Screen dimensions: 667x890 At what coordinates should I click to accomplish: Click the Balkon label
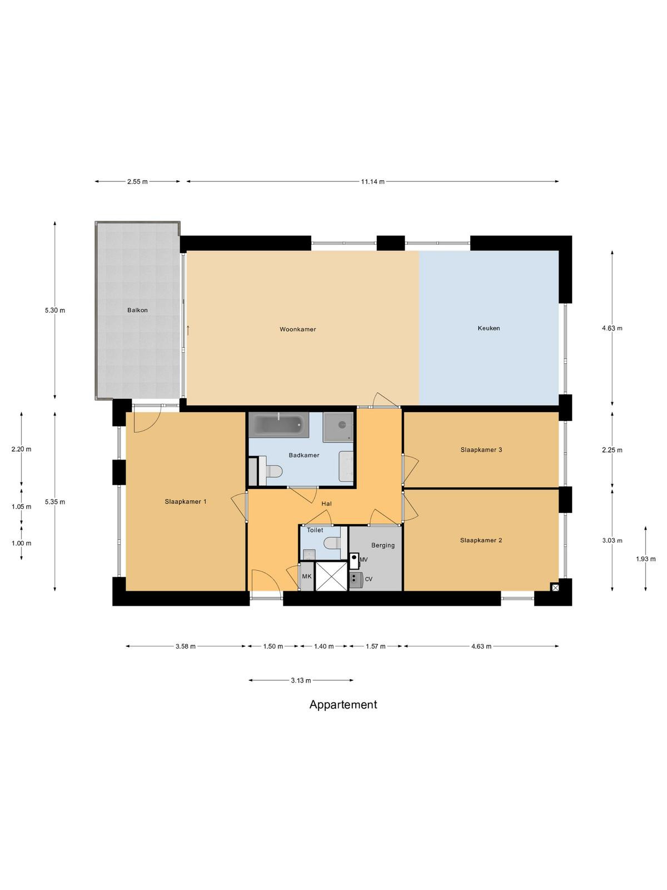(137, 310)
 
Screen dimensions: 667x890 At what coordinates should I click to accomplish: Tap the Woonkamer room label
(298, 329)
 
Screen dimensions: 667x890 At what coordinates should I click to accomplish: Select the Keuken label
(489, 328)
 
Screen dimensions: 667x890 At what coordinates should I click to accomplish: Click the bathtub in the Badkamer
(278, 424)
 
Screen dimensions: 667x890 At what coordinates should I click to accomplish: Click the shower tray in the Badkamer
(338, 427)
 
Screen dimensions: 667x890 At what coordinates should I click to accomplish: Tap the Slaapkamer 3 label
(481, 449)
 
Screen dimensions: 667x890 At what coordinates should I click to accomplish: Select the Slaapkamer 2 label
(481, 540)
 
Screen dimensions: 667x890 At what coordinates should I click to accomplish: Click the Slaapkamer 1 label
(186, 502)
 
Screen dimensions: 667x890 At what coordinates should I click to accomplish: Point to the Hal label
(326, 503)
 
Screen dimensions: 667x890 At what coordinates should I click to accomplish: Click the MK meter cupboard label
(307, 576)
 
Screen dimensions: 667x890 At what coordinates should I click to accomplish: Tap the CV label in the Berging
(369, 579)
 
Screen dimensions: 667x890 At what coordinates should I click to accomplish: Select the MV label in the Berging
(364, 560)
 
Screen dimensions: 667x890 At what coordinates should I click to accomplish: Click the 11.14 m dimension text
(372, 182)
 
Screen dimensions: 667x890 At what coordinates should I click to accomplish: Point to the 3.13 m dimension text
(301, 680)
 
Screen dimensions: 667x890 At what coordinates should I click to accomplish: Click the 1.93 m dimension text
(645, 558)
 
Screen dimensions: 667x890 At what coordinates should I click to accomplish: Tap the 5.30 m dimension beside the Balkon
(55, 310)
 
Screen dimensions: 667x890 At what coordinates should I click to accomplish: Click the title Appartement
(343, 704)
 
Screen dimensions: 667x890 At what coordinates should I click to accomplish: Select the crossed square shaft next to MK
(331, 576)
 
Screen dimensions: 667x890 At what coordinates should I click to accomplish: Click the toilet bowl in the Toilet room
(333, 542)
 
